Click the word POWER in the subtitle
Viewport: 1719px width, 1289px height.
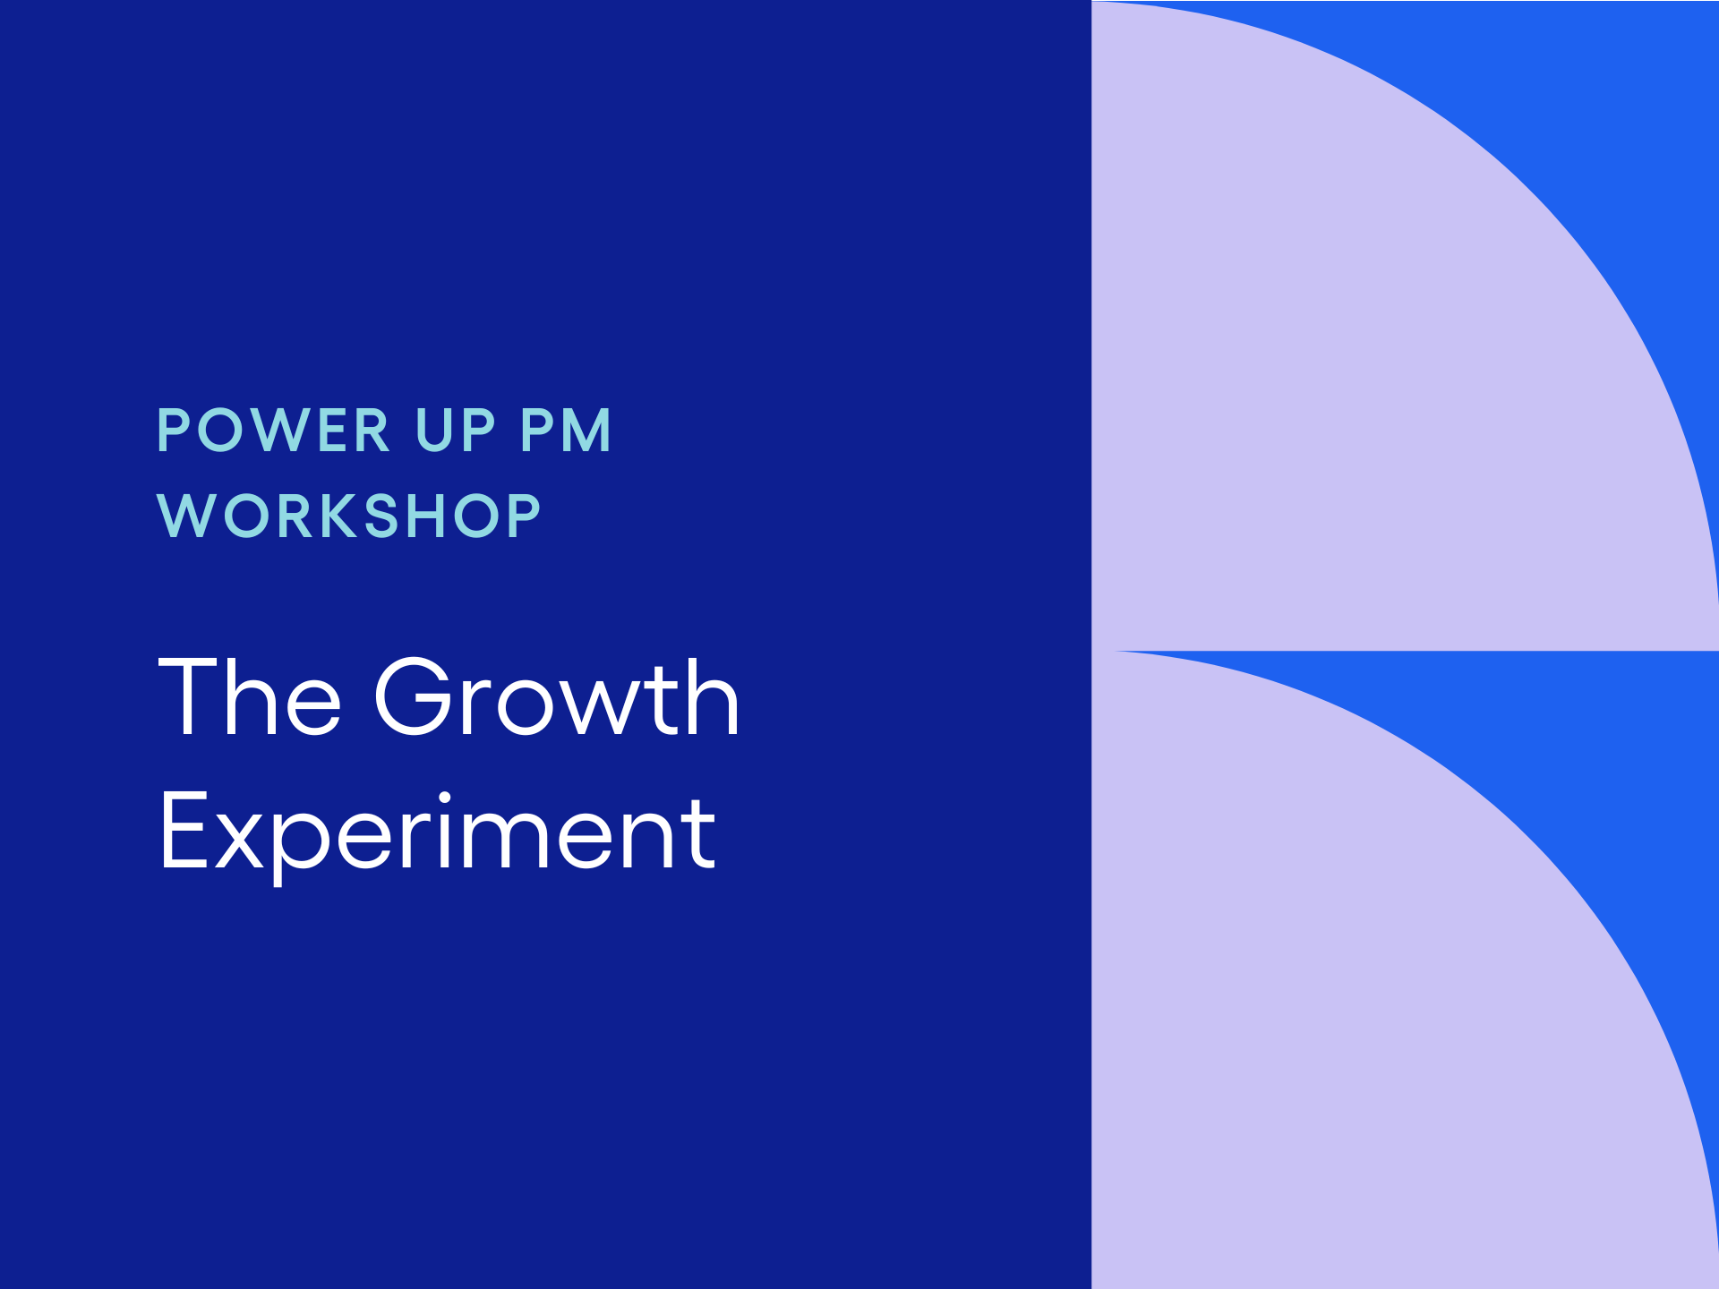coord(273,431)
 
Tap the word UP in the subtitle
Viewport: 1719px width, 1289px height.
coord(456,431)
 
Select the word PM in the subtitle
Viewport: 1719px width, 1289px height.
coord(566,431)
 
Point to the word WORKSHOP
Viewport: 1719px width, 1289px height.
coord(349,516)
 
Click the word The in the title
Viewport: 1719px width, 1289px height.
coord(250,697)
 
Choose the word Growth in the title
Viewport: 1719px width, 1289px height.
coord(557,697)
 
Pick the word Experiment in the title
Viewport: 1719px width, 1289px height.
coord(438,832)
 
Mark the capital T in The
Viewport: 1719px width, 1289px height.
coord(189,696)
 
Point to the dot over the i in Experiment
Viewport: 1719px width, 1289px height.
coord(444,797)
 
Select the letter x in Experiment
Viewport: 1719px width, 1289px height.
coord(238,842)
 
